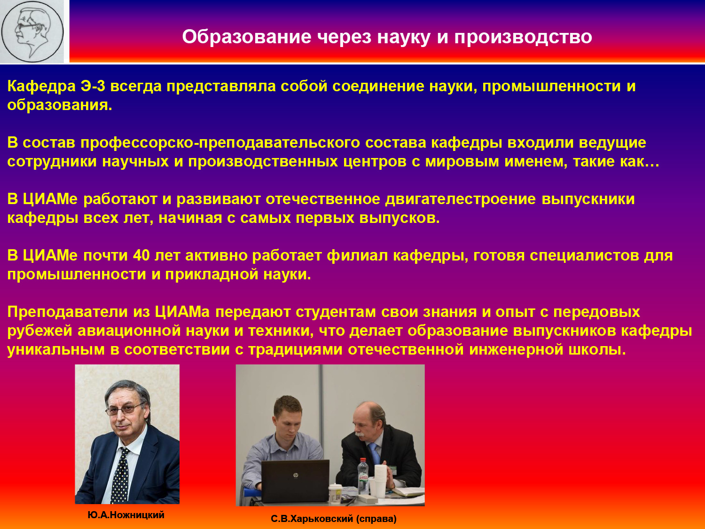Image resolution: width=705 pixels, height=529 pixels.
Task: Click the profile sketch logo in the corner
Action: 32,32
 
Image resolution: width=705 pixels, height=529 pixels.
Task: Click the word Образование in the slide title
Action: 247,37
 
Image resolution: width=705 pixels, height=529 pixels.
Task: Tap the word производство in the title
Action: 523,37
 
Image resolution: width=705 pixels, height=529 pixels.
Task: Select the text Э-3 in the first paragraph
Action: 93,86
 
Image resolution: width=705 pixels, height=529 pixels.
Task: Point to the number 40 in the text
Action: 141,256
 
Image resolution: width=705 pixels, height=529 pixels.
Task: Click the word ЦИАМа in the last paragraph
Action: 182,312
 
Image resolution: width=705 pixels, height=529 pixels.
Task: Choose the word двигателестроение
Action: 461,199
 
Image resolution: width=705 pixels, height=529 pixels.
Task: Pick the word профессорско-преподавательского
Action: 220,143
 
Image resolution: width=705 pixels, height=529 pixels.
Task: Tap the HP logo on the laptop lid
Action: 296,475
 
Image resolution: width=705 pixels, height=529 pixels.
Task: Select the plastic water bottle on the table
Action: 363,476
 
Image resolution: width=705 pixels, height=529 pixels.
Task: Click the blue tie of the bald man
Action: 375,453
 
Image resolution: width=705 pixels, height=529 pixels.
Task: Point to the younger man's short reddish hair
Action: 288,405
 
